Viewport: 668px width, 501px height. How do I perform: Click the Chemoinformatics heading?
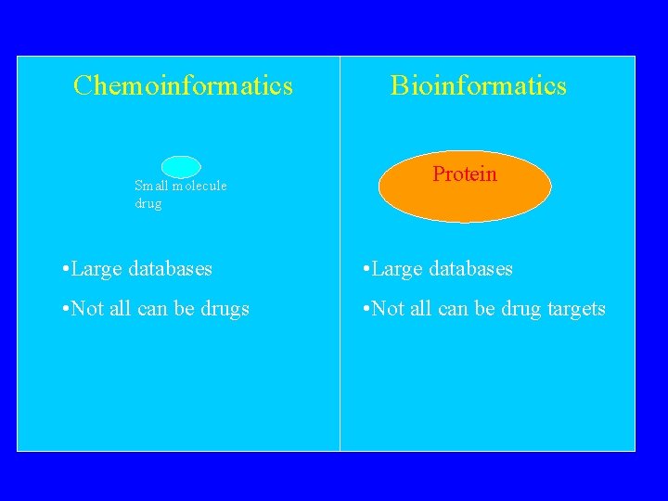point(183,84)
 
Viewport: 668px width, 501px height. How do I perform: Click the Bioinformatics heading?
point(479,84)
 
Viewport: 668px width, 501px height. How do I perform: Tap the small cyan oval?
point(181,167)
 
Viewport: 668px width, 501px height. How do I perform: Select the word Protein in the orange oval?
point(465,173)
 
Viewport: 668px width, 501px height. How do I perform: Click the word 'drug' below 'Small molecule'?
point(148,203)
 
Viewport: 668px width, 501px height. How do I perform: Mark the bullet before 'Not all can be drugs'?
point(65,308)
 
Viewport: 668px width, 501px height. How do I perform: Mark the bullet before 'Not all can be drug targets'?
point(366,308)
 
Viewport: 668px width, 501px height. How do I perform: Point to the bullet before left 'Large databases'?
point(65,268)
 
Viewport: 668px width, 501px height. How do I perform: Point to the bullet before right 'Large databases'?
point(366,268)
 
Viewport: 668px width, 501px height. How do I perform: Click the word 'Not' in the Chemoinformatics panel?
point(87,308)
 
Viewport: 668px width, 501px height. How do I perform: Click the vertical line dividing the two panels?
point(340,253)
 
